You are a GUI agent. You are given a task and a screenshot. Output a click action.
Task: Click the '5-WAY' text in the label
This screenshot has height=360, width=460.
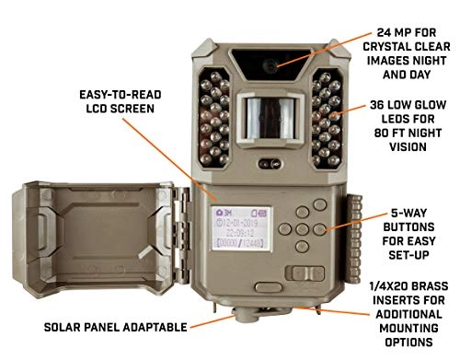(x=406, y=208)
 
